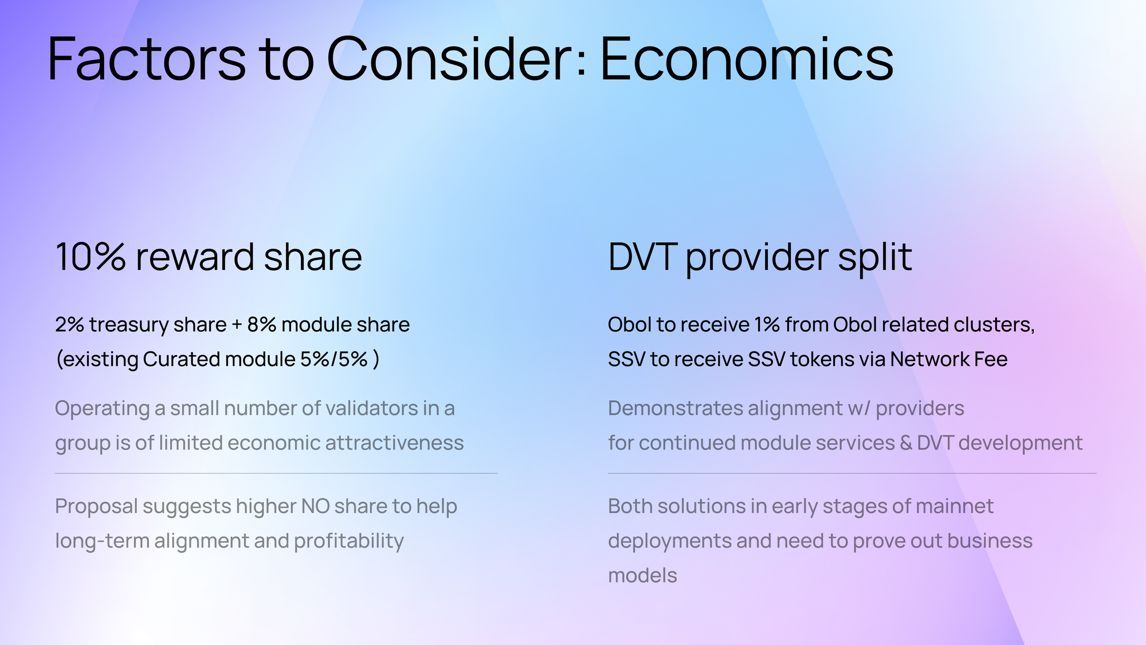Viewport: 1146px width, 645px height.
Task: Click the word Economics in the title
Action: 747,59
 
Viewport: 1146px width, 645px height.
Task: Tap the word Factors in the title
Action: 147,59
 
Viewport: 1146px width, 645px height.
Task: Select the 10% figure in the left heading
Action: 90,257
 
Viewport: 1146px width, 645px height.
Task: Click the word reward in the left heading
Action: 195,257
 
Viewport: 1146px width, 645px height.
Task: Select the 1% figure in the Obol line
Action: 767,325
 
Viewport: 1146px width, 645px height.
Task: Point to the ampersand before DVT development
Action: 905,443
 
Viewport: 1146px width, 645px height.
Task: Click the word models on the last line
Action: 642,576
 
